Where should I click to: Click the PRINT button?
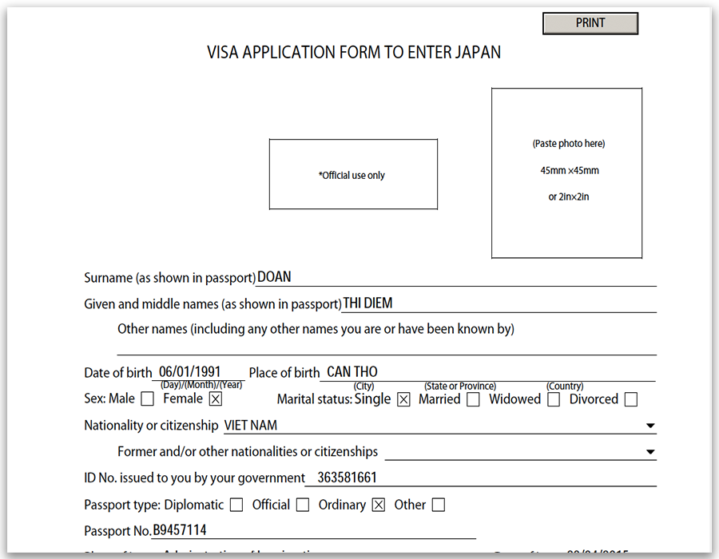tap(590, 23)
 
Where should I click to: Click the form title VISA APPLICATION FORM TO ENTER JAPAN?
tap(354, 54)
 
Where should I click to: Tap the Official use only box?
tap(352, 175)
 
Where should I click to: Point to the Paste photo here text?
tap(569, 144)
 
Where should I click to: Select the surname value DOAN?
tap(274, 278)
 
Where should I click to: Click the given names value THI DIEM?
tap(367, 303)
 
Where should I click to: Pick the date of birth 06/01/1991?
tap(191, 372)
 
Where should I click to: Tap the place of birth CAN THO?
tap(352, 372)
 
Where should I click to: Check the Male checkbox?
tap(147, 398)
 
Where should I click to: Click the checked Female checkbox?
tap(216, 398)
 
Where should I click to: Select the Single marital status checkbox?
tap(403, 399)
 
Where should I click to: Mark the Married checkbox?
tap(473, 399)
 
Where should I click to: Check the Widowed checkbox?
tap(554, 399)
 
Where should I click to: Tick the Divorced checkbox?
tap(631, 399)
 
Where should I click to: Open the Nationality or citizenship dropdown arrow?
tap(650, 426)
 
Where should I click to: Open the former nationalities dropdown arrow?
tap(650, 453)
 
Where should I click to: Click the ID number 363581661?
tap(347, 478)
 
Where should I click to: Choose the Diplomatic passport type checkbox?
tap(236, 505)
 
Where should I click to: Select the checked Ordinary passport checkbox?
tap(379, 505)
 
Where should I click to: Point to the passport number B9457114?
tap(180, 531)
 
